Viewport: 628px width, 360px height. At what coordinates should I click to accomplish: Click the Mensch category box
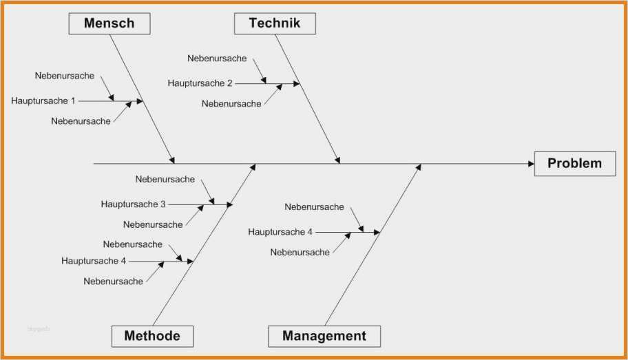click(109, 23)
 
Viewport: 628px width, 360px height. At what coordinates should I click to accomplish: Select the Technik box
click(275, 23)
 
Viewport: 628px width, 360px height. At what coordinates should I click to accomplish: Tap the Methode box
click(152, 336)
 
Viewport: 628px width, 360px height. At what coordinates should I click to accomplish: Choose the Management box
click(324, 336)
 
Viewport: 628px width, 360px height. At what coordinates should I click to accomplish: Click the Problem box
click(575, 163)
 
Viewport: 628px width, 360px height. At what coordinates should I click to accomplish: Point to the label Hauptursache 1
click(43, 101)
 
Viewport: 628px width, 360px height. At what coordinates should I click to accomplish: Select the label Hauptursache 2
click(200, 83)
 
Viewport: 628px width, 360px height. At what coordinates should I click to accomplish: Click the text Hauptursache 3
click(133, 204)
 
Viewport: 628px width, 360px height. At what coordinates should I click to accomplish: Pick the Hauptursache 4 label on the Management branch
click(280, 232)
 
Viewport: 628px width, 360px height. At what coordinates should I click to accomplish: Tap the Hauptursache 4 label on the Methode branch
click(94, 261)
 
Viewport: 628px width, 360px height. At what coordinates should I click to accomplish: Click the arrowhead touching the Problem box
click(532, 163)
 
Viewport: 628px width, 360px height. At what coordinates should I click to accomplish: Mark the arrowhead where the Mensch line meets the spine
click(172, 160)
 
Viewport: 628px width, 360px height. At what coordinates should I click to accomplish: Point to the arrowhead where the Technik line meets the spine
click(337, 160)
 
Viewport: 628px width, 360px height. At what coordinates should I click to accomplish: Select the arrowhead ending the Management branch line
click(419, 167)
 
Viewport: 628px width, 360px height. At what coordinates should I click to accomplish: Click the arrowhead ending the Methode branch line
click(253, 167)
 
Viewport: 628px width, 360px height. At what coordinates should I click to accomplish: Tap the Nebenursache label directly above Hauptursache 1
click(65, 76)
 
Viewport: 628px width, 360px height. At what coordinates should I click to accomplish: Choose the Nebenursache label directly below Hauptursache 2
click(231, 104)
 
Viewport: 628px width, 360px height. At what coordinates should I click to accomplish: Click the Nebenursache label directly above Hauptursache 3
click(165, 179)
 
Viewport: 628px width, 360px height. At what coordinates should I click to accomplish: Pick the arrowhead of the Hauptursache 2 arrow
click(297, 84)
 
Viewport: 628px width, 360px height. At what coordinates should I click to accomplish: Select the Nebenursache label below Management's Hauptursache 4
click(300, 253)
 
